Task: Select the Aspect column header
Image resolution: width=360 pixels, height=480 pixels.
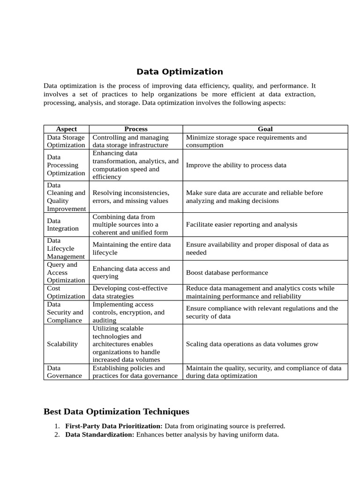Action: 66,129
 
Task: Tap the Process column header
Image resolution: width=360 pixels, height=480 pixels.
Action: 135,129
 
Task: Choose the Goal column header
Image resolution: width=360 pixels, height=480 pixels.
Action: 265,129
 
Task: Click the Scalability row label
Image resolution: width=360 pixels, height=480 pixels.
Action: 62,344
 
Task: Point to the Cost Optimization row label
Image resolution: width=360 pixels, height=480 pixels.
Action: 66,292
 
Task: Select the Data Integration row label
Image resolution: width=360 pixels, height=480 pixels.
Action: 62,225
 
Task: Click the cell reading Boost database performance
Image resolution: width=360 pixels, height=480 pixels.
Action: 227,272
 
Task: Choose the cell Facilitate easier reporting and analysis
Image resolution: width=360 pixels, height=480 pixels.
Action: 241,225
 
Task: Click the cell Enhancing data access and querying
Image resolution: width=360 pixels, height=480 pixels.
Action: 131,272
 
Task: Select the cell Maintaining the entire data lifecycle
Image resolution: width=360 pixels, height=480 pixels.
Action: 131,248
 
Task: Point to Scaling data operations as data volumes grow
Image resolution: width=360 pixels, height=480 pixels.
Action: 252,344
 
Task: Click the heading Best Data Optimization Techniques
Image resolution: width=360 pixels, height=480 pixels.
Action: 116,412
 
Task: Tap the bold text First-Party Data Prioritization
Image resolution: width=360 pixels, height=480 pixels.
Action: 114,426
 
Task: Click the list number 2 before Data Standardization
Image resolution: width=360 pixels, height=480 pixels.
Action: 56,435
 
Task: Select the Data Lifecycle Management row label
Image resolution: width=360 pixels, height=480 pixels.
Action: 66,248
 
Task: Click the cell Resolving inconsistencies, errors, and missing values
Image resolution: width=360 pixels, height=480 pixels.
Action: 131,197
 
